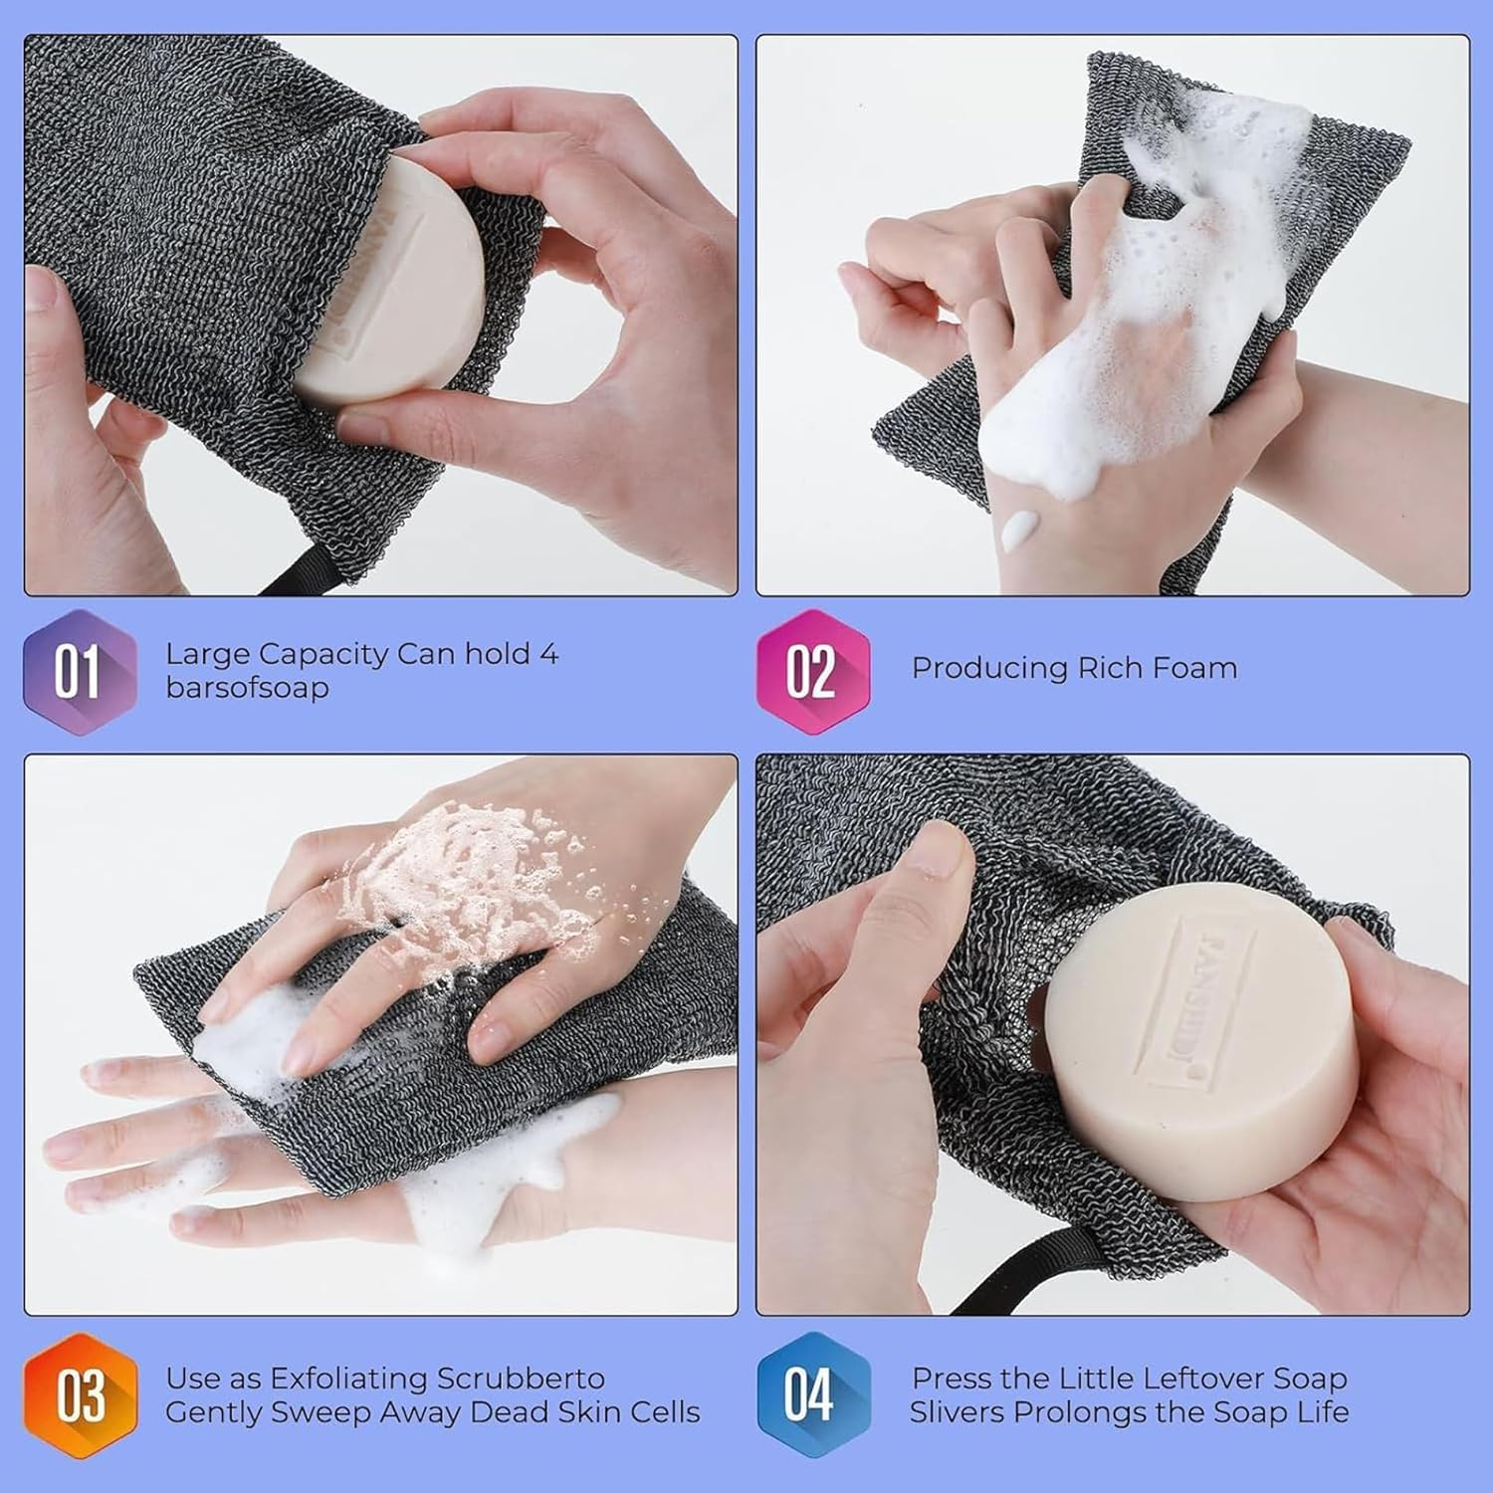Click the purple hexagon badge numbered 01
(80, 672)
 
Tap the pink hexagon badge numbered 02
(812, 672)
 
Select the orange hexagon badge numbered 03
(80, 1395)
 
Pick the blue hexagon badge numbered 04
(812, 1395)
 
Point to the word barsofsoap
(247, 688)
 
